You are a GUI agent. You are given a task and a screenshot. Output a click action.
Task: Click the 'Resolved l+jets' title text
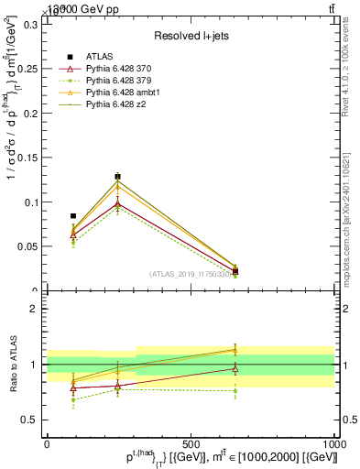191,35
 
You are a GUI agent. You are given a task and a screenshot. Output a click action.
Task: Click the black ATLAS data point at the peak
117,176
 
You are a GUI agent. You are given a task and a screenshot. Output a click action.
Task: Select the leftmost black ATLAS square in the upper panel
73,216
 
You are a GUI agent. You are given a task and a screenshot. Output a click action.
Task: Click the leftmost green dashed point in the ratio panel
73,399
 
